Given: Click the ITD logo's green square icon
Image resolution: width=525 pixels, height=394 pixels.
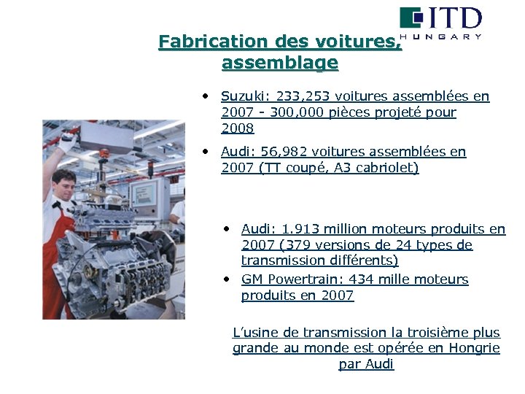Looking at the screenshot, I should (411, 18).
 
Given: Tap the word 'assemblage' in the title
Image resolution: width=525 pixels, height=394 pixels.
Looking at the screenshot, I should (280, 63).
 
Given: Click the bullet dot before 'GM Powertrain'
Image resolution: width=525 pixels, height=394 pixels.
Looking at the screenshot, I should (228, 279).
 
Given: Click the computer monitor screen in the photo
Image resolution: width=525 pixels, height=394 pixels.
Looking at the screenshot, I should (139, 193).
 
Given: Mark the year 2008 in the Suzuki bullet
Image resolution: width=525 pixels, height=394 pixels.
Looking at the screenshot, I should (238, 128).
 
